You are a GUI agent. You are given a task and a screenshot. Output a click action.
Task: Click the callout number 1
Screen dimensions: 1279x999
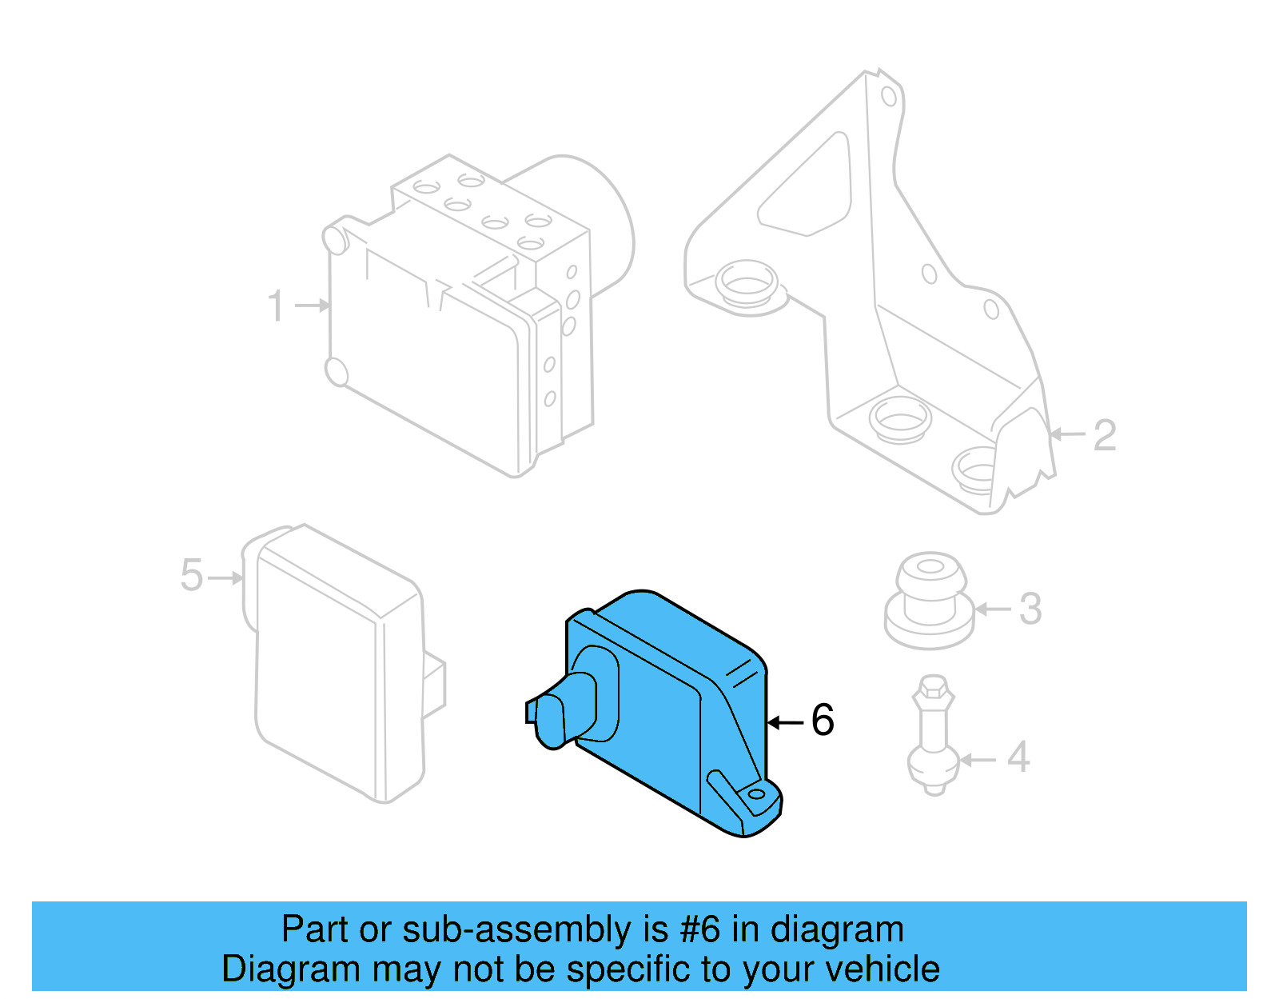coord(276,306)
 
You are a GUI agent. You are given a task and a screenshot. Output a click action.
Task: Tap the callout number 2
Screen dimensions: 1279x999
coord(1104,436)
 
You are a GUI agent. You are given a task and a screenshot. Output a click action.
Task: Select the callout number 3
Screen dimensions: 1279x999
coord(1030,609)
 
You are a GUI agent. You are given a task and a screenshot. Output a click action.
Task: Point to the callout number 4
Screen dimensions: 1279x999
coord(1018,757)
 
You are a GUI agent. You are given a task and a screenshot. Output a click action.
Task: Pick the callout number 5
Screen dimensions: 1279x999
coord(192,576)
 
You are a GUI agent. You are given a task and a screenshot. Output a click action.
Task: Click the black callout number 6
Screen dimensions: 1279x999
coord(823,720)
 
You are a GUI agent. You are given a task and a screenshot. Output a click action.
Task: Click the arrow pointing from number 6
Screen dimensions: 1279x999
coord(785,722)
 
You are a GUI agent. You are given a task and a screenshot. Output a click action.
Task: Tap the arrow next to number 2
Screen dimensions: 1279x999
coord(1067,434)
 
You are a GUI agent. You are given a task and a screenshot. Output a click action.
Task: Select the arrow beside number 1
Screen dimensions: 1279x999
coord(312,306)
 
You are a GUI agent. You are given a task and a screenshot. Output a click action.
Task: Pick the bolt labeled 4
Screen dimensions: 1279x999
coord(933,736)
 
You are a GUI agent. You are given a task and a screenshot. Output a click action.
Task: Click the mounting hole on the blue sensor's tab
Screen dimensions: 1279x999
coord(757,795)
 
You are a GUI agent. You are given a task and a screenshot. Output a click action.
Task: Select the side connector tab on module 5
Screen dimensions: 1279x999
coord(433,685)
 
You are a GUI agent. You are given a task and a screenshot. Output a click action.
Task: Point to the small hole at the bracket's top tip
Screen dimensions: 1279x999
coord(888,97)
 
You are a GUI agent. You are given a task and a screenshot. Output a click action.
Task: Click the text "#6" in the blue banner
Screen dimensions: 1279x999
coord(699,930)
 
